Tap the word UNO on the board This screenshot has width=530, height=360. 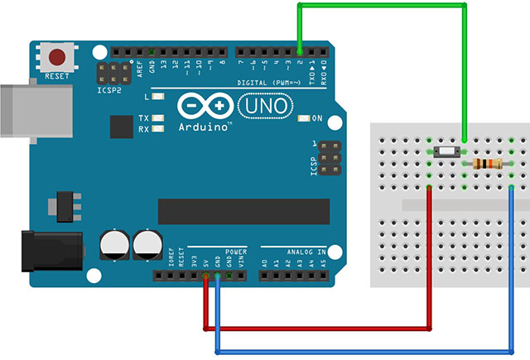(264, 106)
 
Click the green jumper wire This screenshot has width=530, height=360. (381, 7)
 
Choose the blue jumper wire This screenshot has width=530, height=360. (364, 352)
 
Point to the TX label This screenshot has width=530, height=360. (144, 118)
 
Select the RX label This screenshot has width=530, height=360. (144, 129)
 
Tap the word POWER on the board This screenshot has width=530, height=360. (235, 250)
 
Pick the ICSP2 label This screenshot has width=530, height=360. (108, 90)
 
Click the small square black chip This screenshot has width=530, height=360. (122, 127)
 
